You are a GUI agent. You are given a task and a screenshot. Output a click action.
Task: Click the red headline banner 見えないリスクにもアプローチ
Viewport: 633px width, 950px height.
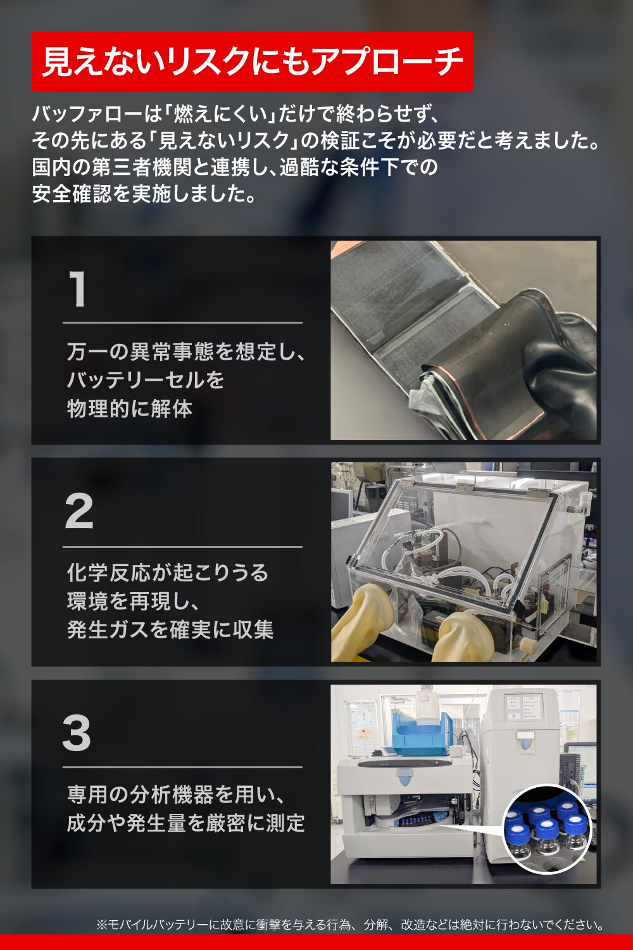(252, 61)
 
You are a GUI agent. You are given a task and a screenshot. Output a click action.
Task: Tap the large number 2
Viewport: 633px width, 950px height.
(79, 512)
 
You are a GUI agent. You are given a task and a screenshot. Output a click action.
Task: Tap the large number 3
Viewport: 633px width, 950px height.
(77, 733)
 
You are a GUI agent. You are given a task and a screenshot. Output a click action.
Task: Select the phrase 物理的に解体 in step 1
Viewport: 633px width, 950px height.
(130, 408)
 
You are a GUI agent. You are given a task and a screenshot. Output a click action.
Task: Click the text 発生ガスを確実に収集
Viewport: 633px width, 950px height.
(170, 629)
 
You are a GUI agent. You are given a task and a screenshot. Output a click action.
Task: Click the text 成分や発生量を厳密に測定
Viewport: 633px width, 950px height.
(185, 823)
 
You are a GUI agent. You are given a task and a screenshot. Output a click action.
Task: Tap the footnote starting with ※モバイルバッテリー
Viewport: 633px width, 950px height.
(350, 924)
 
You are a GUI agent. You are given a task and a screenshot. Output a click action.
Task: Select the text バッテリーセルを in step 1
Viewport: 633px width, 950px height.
(145, 380)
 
